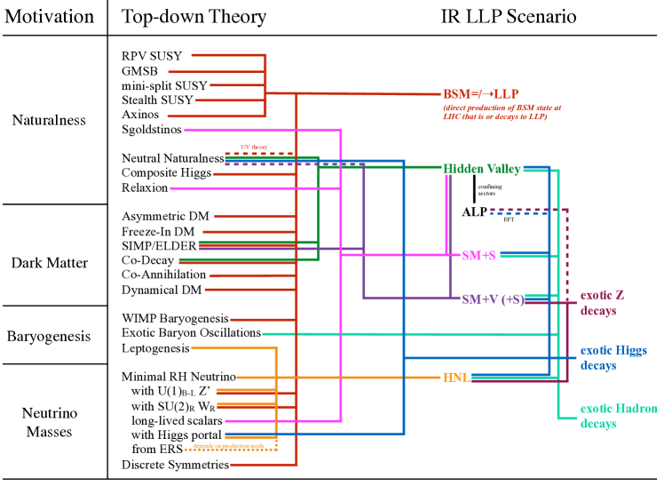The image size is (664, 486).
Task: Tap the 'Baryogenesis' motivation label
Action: click(50, 337)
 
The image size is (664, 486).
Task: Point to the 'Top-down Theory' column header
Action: click(194, 17)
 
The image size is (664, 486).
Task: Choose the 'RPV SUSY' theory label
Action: click(152, 56)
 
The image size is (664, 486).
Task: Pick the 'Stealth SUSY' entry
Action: click(157, 100)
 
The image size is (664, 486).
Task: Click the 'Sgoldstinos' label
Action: click(152, 130)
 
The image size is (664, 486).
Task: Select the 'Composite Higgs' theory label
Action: click(166, 172)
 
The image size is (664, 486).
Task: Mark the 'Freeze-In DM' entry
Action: click(158, 230)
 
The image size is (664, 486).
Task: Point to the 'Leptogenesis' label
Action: click(155, 348)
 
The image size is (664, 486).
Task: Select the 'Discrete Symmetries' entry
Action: click(175, 465)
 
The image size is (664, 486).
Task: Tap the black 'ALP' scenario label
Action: click(474, 212)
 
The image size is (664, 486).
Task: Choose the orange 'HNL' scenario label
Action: click(455, 378)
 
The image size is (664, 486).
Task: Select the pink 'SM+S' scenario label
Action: click(478, 255)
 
